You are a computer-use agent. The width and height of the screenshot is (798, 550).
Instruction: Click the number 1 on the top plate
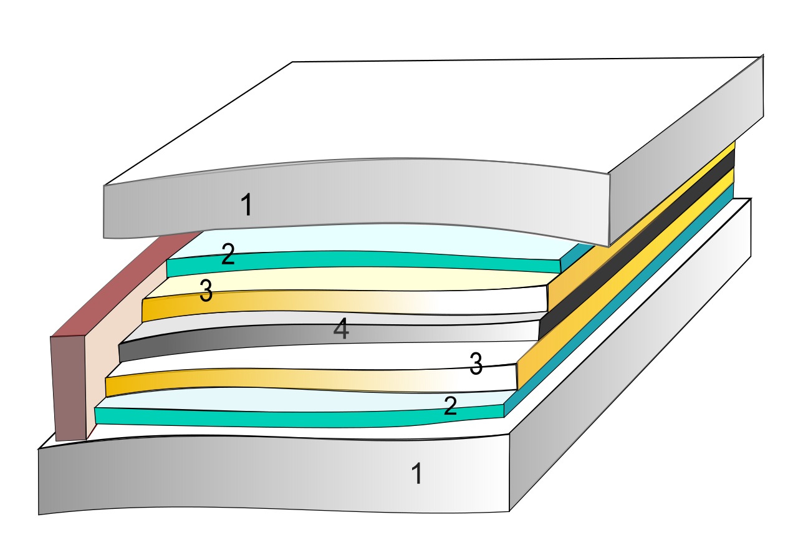[247, 205]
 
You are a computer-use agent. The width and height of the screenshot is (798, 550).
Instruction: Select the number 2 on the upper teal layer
[228, 255]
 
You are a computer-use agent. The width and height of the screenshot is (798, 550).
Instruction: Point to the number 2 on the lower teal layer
[450, 407]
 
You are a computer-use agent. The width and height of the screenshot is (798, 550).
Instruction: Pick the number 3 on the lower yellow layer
[476, 365]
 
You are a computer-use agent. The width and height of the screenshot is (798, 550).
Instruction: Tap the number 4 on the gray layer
[340, 330]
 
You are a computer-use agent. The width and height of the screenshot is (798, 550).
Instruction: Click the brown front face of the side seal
[69, 387]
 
